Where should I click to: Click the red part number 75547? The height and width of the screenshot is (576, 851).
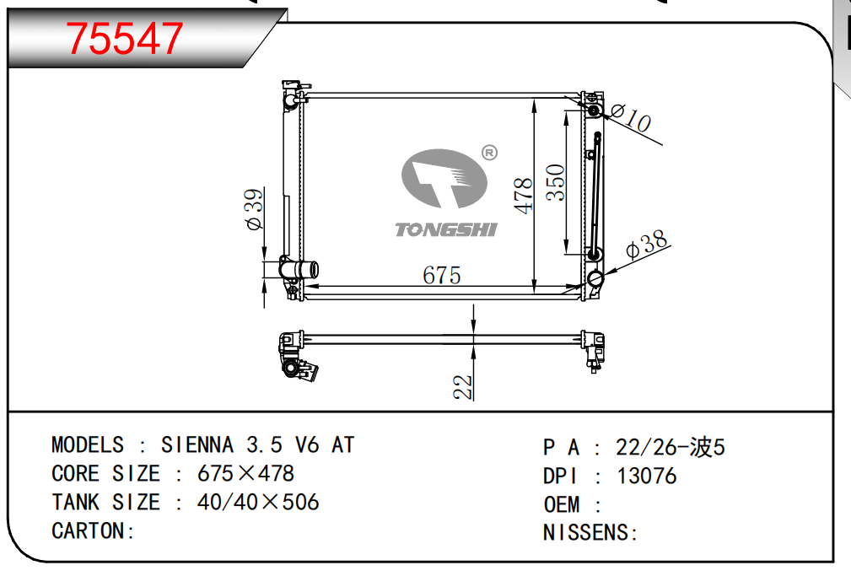[124, 38]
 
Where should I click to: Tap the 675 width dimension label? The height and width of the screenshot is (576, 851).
[442, 275]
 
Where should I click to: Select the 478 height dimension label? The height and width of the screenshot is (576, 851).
[524, 196]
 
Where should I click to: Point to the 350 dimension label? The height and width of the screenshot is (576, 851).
[555, 182]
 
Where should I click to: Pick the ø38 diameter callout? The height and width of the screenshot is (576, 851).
[646, 244]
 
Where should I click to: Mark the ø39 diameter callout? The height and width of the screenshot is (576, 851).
[254, 209]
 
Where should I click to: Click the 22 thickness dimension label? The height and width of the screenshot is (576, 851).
[463, 387]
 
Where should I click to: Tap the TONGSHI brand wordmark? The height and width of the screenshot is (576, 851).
[445, 229]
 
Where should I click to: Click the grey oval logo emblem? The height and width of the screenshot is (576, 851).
[444, 179]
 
